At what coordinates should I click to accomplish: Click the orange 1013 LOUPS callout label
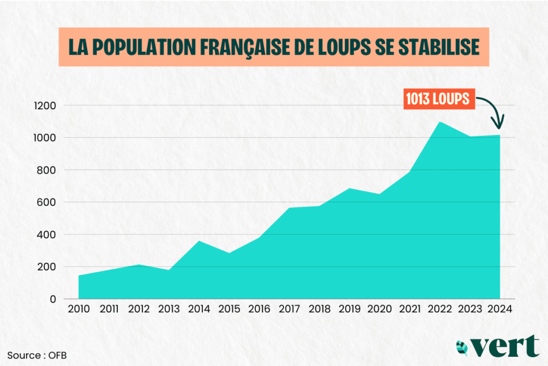point(437,99)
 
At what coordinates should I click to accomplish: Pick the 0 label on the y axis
point(53,299)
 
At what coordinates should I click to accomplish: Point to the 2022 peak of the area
point(440,123)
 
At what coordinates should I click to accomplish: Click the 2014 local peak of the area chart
point(200,242)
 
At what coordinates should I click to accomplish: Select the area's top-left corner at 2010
point(79,276)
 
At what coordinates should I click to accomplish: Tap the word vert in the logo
point(506,347)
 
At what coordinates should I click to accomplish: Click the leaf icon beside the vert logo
point(462,348)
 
